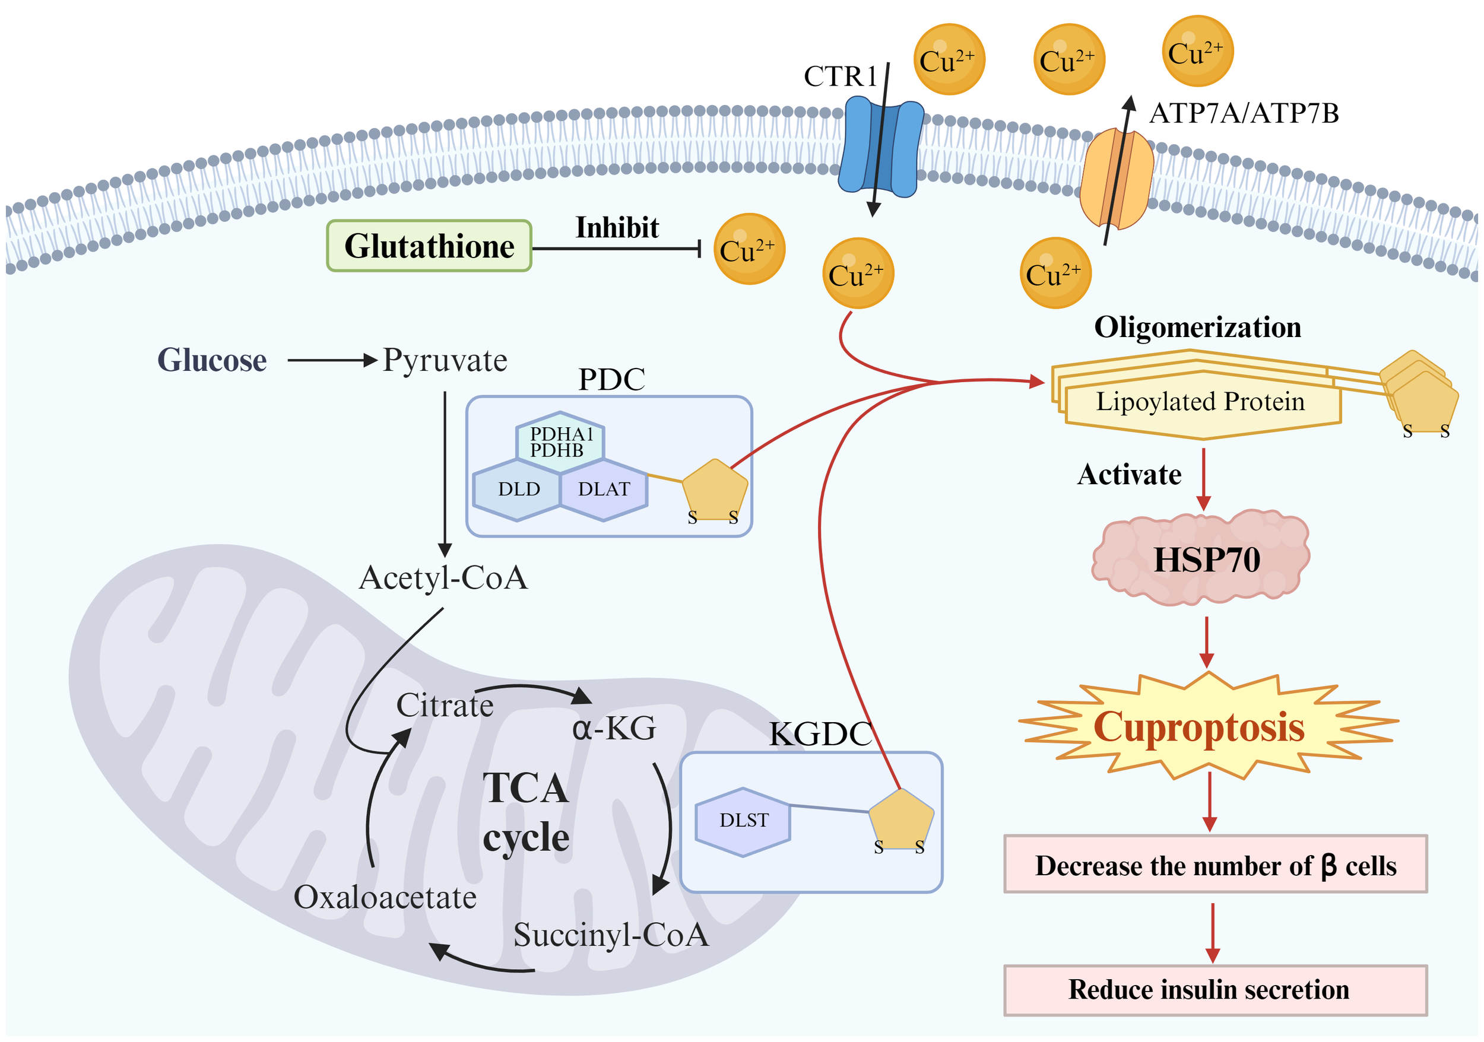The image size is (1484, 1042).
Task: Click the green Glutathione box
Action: tap(429, 246)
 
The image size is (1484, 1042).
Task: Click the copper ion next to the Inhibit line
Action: tap(749, 249)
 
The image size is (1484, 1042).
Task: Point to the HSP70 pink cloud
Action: tap(1201, 560)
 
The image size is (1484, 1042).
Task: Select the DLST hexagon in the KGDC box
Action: tap(743, 821)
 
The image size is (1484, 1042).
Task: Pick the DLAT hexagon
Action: tap(604, 489)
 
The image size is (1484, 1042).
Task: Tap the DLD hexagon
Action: tap(518, 489)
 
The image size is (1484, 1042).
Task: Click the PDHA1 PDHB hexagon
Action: tap(560, 442)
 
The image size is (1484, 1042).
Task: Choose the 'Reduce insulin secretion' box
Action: tap(1215, 990)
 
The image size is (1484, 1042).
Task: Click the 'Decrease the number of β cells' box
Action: tap(1215, 866)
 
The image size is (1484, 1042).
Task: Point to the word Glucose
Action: tap(211, 360)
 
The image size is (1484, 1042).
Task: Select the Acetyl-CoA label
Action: tap(443, 577)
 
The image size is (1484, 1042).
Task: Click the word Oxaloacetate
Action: tap(385, 897)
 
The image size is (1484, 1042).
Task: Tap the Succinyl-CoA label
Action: tap(611, 935)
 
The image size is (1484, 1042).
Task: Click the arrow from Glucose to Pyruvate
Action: tap(332, 360)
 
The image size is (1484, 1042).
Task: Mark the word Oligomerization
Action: tap(1197, 328)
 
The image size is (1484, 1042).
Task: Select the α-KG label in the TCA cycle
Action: tap(613, 729)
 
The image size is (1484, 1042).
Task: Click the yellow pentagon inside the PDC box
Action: tap(714, 490)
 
